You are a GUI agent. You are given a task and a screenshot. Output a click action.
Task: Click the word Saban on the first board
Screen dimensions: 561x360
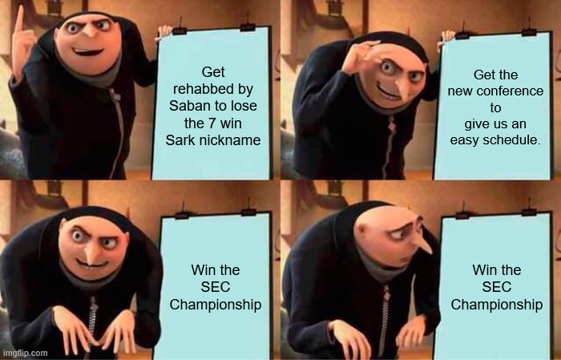pos(184,106)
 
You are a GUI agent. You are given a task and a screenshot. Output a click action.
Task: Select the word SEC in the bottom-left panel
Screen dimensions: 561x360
pos(216,287)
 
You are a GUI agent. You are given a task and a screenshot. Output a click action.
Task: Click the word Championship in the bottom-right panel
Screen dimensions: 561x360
pos(497,305)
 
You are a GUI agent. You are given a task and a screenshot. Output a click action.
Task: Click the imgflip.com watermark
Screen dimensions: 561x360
pos(24,354)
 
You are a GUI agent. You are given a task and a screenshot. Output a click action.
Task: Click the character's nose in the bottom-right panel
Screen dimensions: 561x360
pos(422,243)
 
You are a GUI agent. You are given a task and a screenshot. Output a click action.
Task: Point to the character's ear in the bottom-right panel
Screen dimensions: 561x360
pos(361,233)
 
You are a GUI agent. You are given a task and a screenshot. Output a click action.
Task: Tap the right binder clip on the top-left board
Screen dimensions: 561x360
pos(248,26)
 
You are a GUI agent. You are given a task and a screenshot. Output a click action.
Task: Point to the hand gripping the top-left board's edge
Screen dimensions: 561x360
pos(164,31)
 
